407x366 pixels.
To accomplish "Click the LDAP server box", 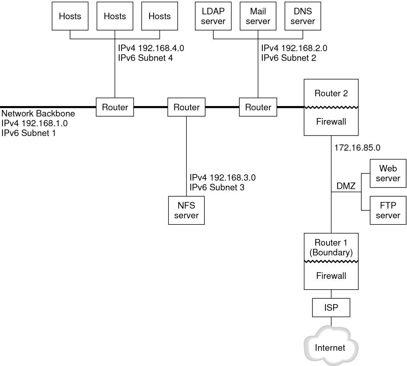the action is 213,16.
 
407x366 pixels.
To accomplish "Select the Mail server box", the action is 258,16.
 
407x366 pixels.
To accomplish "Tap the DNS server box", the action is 303,16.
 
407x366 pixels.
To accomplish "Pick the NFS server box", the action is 186,210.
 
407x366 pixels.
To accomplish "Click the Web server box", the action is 388,173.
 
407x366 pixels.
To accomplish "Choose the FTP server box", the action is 388,210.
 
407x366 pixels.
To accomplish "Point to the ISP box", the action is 331,307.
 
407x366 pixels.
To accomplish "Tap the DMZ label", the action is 346,186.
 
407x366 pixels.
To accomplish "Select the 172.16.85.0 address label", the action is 357,148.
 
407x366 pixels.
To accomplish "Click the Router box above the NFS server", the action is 186,107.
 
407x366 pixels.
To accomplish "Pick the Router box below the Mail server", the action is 258,107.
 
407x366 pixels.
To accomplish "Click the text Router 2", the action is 331,93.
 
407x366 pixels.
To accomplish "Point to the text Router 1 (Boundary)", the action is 331,248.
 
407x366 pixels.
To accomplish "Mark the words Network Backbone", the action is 38,114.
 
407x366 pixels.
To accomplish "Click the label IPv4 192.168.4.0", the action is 151,48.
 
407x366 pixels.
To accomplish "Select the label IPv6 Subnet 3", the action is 217,187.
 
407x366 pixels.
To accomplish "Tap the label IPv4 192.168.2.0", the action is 294,48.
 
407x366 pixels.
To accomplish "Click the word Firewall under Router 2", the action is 331,122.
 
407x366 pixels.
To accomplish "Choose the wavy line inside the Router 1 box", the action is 331,262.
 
